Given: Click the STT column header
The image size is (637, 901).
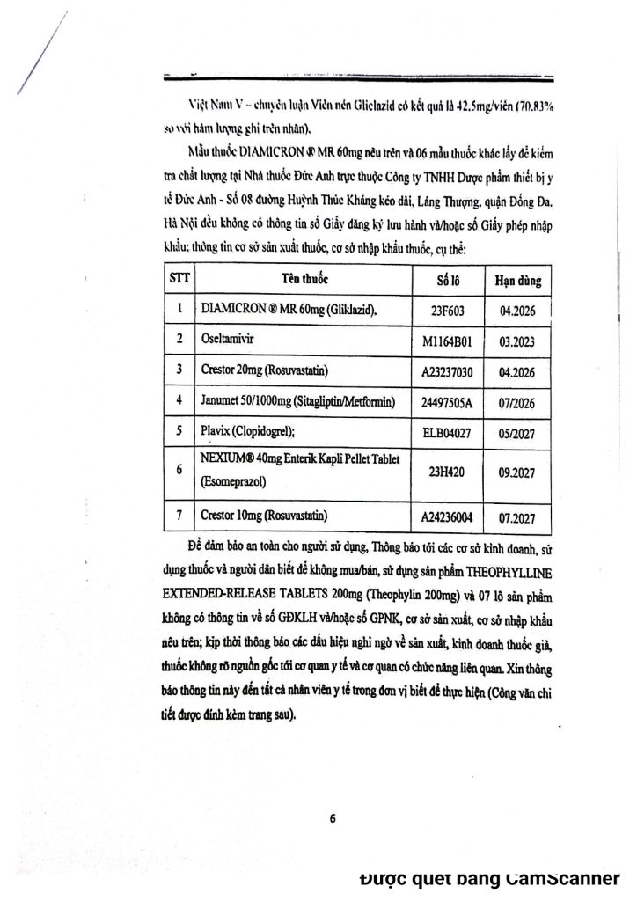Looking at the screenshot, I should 175,280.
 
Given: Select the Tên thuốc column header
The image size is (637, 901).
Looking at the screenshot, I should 304,280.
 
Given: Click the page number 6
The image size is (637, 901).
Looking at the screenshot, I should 333,818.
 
